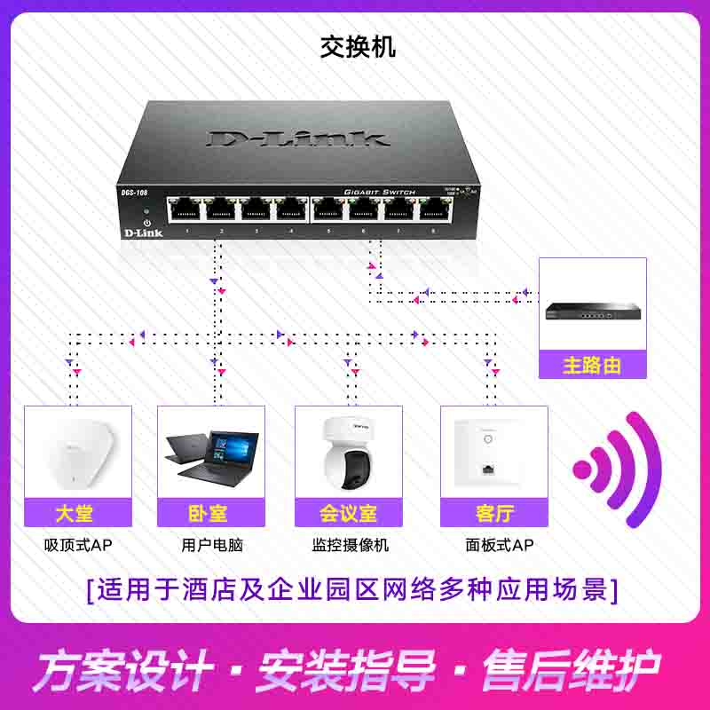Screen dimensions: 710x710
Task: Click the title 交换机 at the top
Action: point(358,47)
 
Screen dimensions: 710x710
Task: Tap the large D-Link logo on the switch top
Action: point(298,138)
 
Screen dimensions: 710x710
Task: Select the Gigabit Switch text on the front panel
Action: point(379,192)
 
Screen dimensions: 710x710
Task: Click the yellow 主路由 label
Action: point(592,365)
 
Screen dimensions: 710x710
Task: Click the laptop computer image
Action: point(211,456)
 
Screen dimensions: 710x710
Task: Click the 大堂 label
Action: point(77,513)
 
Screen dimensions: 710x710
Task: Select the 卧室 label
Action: point(211,513)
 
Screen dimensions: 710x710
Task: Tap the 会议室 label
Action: point(349,513)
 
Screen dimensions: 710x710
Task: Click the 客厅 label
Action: point(493,513)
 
